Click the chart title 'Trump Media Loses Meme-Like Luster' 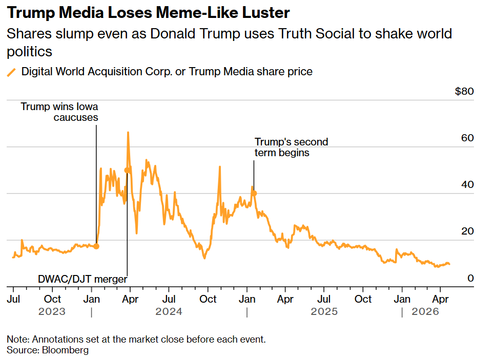(x=148, y=13)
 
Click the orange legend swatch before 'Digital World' (x=11, y=72)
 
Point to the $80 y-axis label (x=464, y=92)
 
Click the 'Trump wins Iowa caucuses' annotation (x=59, y=112)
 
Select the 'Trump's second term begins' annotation (x=291, y=147)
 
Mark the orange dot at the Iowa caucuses (x=96, y=246)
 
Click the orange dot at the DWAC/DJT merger (x=127, y=170)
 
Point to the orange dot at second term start (x=254, y=193)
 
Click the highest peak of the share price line (x=128, y=132)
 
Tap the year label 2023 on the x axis (x=52, y=311)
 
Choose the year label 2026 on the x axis (x=426, y=311)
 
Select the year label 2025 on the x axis (x=324, y=311)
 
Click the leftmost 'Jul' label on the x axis (x=14, y=299)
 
